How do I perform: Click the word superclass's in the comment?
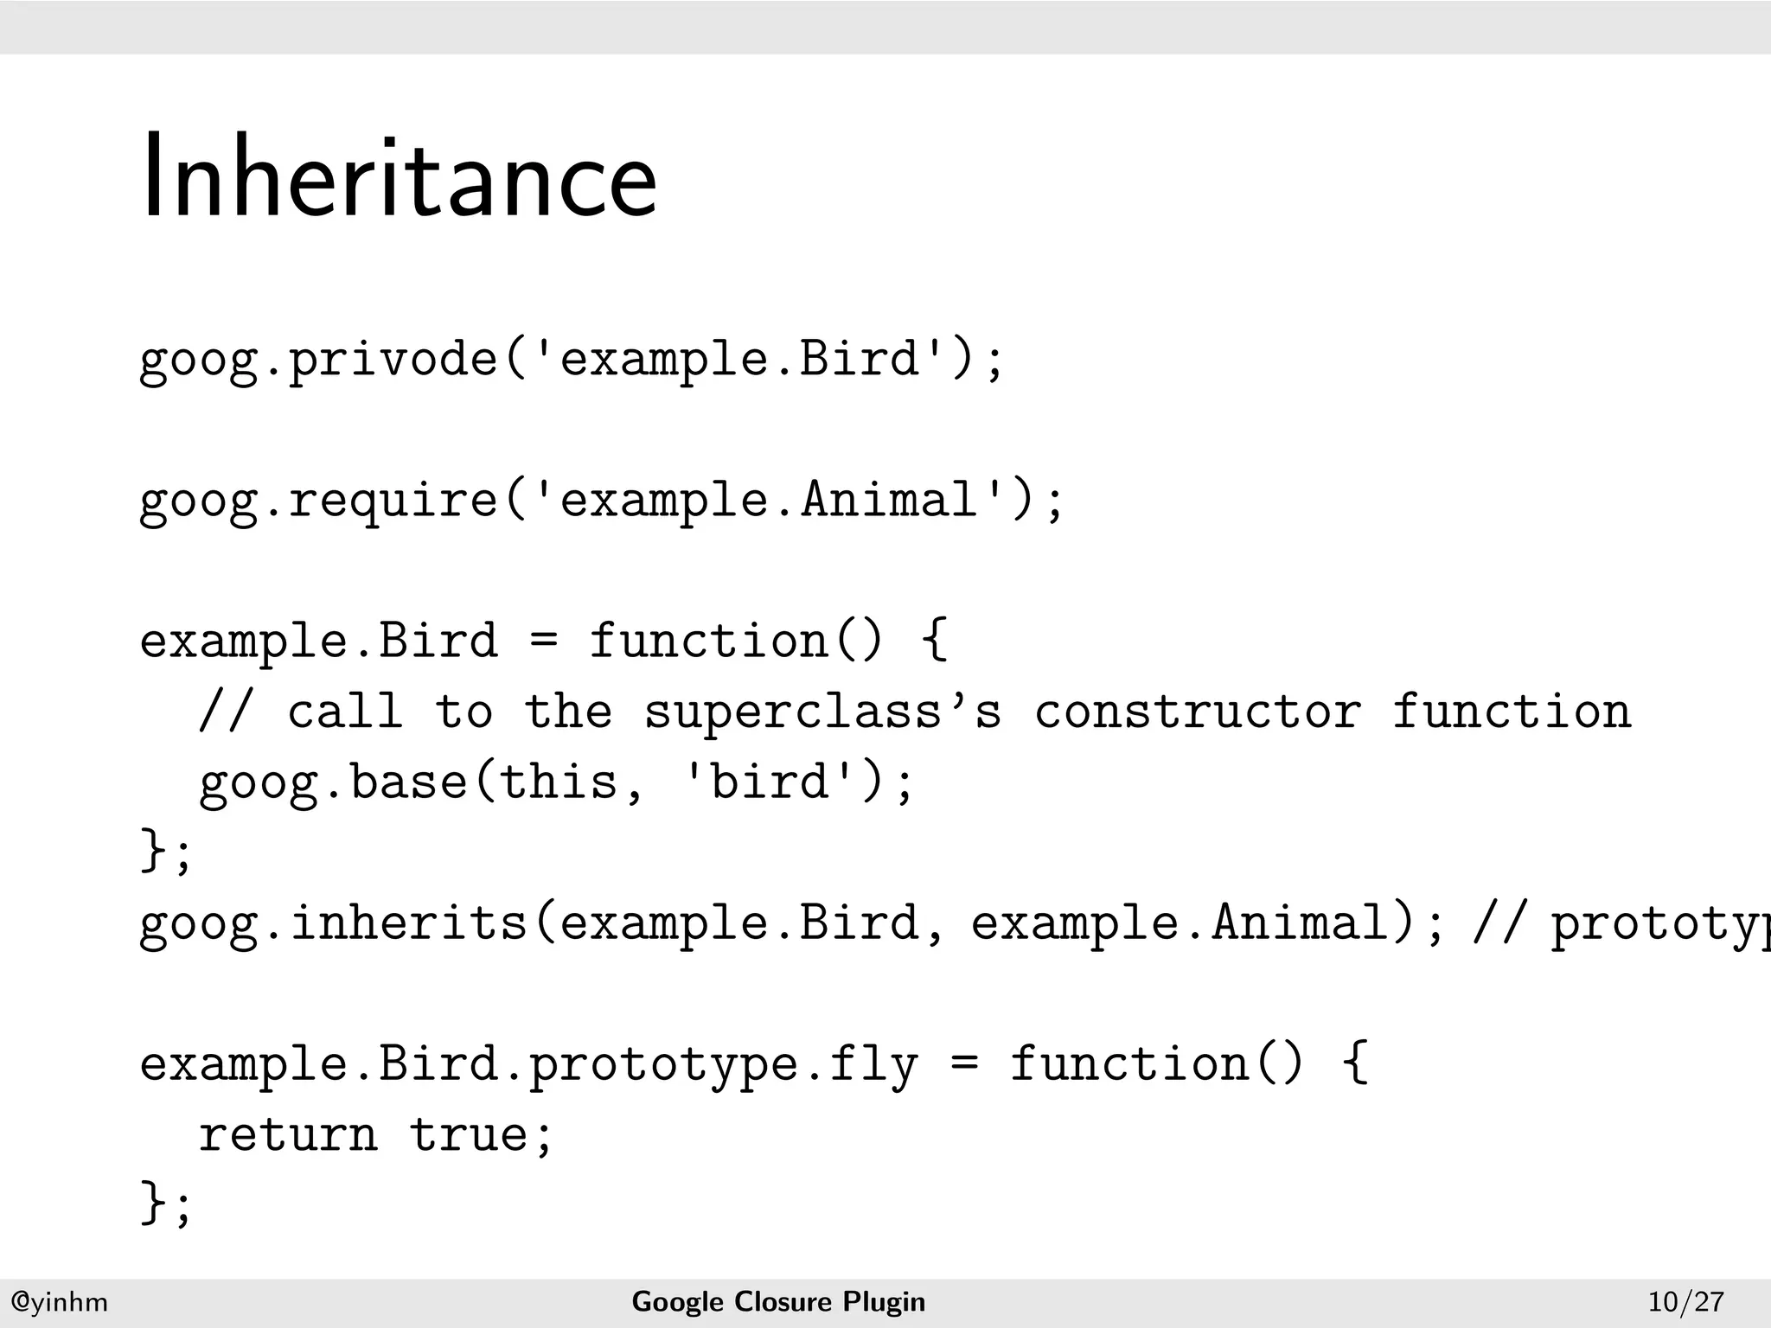tap(822, 712)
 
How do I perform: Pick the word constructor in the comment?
tap(1198, 712)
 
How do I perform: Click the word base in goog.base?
tap(408, 782)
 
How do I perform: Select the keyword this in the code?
tap(558, 782)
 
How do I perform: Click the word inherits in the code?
tap(408, 923)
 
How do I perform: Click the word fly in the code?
tap(873, 1064)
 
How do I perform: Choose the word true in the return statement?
tap(468, 1135)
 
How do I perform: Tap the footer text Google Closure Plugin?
tap(778, 1301)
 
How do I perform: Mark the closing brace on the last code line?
tap(153, 1203)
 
